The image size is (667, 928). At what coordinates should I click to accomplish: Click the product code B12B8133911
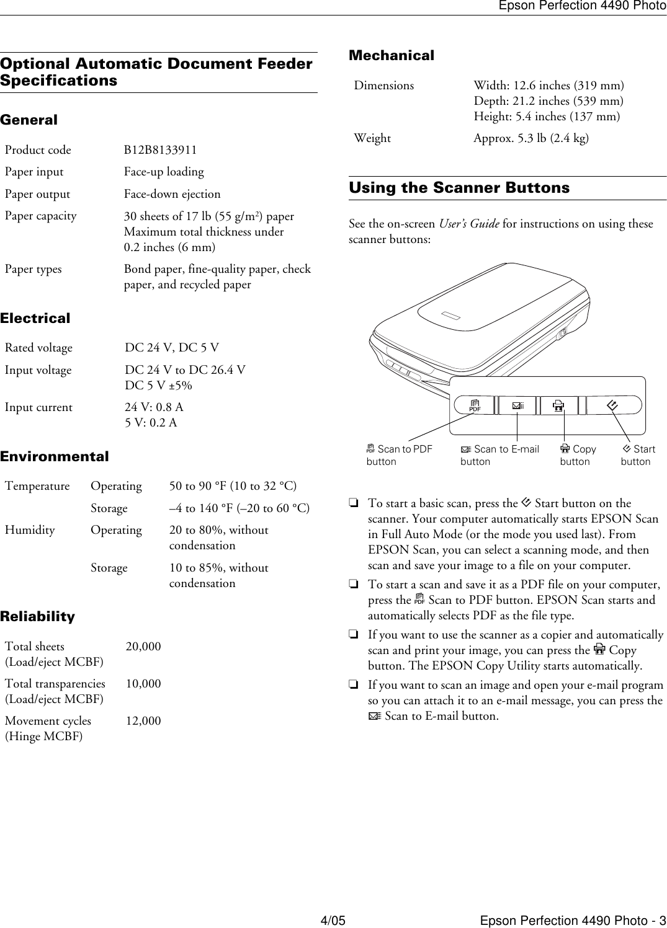click(160, 150)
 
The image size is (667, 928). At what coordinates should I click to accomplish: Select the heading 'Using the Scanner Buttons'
click(459, 188)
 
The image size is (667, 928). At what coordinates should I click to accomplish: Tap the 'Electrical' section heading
click(35, 318)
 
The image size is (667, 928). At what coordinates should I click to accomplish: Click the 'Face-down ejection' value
click(172, 194)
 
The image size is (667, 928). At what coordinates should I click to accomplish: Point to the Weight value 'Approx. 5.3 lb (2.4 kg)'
click(531, 138)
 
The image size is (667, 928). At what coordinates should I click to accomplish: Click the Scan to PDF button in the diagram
click(475, 406)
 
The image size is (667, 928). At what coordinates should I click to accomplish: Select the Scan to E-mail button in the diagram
click(517, 406)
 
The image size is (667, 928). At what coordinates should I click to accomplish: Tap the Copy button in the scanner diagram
click(558, 406)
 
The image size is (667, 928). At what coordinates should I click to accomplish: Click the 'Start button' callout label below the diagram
click(638, 455)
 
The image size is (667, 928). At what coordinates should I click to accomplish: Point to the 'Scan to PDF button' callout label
click(399, 455)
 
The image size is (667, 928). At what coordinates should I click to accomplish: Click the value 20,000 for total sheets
click(143, 647)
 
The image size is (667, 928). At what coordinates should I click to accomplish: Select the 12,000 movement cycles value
click(143, 721)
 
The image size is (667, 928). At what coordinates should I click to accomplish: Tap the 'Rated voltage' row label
click(38, 348)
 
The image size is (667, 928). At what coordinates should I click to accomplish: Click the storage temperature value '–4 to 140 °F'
click(239, 508)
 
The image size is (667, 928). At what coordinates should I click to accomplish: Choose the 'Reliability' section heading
click(37, 616)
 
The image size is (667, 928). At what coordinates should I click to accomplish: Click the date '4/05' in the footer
click(333, 921)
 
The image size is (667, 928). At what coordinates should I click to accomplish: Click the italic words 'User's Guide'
click(468, 224)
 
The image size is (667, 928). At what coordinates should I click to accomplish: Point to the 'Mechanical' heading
click(392, 55)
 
